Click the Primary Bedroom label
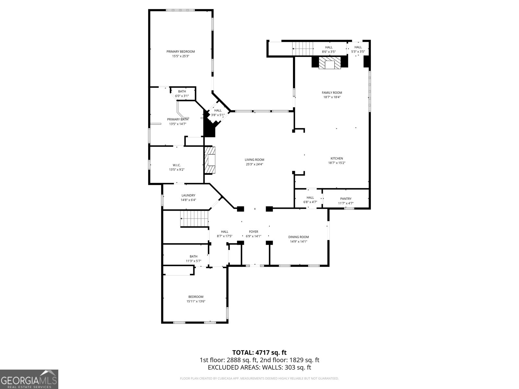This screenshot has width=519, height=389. pos(181,52)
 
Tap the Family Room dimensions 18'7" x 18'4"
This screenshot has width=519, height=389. pos(332,97)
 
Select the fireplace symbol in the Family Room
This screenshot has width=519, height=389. pos(330,63)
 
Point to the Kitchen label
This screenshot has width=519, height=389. pos(337,159)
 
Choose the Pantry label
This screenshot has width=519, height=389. pos(346,199)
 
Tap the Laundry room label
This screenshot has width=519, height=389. pos(188,195)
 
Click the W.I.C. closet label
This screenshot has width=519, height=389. pos(177,165)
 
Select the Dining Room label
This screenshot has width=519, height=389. pos(299,237)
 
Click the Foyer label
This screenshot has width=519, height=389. pos(254,232)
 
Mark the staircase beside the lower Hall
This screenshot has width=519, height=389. pos(194,218)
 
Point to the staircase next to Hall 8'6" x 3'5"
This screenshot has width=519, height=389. pos(303,49)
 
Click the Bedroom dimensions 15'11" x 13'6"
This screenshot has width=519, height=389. pos(196,301)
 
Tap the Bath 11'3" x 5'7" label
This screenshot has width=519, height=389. pos(194,256)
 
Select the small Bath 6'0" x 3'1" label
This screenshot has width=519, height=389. pos(182,91)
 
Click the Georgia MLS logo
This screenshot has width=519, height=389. pos(29,379)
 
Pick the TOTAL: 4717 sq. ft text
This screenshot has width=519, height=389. pos(259,352)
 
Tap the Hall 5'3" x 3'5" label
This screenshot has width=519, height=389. pos(358,47)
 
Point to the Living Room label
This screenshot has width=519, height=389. pos(255,159)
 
